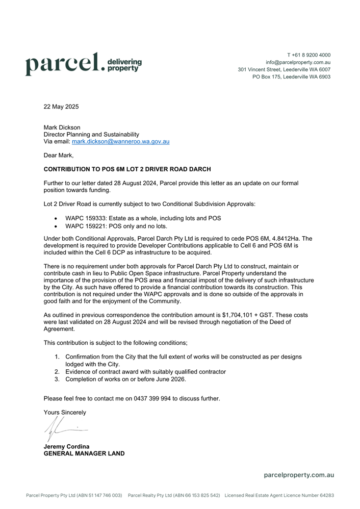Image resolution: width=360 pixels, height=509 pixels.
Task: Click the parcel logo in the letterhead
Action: tap(81, 65)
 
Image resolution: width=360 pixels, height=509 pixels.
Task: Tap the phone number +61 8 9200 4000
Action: tap(308, 55)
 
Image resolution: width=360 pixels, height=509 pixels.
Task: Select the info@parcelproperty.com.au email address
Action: tap(298, 62)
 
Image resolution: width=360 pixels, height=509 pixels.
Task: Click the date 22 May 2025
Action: tap(61, 107)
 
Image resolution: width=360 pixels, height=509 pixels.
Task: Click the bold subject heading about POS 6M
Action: tap(127, 169)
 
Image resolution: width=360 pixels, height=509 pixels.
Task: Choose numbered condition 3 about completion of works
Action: tap(125, 379)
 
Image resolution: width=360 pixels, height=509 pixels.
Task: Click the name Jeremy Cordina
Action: tap(67, 446)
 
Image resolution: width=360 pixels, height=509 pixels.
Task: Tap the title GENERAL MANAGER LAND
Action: tap(84, 453)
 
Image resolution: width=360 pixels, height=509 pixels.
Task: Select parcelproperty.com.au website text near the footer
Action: tap(299, 475)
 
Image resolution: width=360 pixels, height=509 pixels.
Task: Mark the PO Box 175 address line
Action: tap(291, 77)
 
